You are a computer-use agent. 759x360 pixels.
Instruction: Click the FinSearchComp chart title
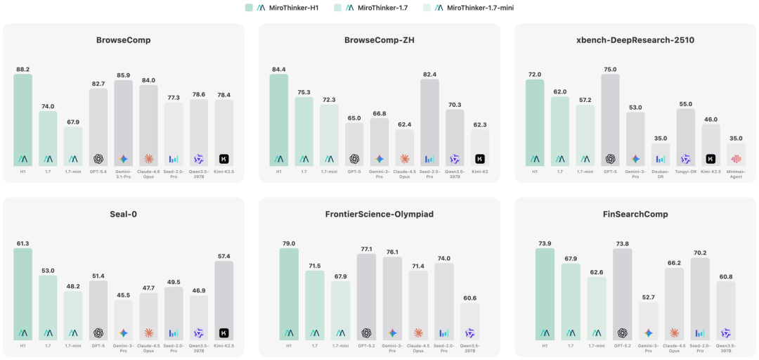tap(635, 214)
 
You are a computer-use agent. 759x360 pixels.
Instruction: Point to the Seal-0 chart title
tap(124, 214)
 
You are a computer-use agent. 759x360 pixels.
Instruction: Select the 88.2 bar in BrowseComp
tap(22, 120)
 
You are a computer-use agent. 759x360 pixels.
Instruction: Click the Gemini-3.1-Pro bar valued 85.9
tap(124, 123)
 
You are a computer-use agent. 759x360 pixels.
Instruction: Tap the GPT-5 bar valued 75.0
tap(610, 120)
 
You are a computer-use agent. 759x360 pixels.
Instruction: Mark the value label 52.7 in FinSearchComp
tap(649, 296)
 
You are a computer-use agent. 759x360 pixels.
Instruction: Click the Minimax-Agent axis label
tap(736, 173)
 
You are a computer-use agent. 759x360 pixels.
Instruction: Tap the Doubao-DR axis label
tap(661, 173)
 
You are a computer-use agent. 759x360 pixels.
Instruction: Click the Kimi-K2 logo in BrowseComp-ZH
tap(480, 159)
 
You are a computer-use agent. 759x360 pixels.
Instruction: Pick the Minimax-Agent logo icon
tap(736, 159)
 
